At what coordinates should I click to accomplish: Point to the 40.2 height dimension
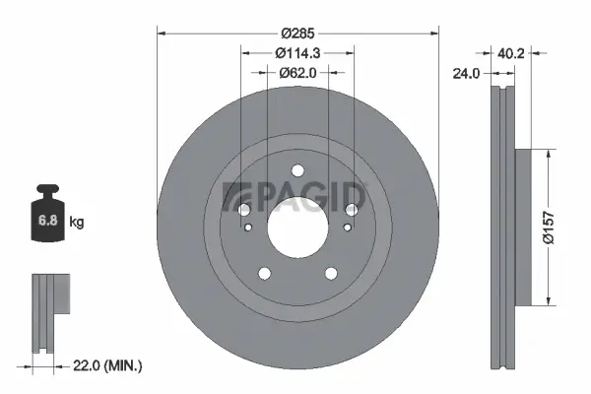click(x=508, y=56)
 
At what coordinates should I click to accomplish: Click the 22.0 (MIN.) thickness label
click(x=107, y=365)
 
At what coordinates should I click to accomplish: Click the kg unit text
click(x=77, y=223)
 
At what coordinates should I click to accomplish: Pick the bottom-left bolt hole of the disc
click(x=263, y=275)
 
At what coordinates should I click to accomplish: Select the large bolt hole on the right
click(x=350, y=209)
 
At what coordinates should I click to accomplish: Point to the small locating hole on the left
click(x=250, y=229)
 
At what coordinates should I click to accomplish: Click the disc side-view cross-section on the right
click(x=508, y=227)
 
